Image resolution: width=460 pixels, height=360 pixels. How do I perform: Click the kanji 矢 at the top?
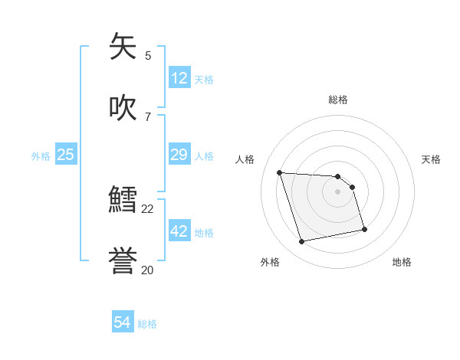pos(123,47)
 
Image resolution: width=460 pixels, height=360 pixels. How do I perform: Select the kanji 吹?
pos(123,108)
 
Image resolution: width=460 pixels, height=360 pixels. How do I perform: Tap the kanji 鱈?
pos(123,201)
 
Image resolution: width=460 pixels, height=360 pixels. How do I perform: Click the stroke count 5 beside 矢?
pos(148,55)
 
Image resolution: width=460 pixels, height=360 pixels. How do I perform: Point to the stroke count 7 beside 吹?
pos(148,116)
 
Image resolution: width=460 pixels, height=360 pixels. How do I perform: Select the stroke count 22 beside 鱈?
pos(148,208)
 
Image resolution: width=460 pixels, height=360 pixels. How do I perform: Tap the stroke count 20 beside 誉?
pos(148,270)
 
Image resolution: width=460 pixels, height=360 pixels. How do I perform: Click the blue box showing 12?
pos(179,78)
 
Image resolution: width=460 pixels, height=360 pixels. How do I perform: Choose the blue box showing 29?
pos(179,155)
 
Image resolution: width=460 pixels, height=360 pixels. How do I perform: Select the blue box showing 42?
pos(179,231)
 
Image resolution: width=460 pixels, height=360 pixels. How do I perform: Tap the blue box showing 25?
pos(66,155)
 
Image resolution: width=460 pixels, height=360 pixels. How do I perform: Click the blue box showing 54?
pos(123,323)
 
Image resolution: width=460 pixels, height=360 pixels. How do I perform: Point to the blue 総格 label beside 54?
pos(147,324)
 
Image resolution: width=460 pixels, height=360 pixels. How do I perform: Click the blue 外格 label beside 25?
pos(41,156)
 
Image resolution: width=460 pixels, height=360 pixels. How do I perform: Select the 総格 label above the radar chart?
pos(338,100)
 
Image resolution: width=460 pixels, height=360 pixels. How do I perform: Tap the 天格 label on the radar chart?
pos(431,159)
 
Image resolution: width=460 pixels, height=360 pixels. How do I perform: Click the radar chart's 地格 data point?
pos(364,229)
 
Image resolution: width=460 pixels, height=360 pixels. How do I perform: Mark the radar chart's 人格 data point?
pos(279,172)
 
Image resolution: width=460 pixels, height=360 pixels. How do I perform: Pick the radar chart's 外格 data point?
pos(302,242)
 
